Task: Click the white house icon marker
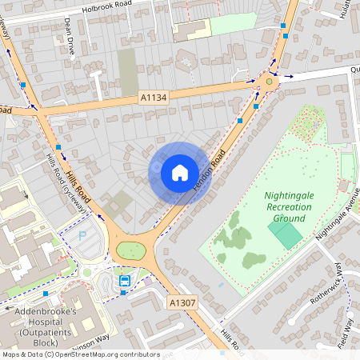click(x=179, y=173)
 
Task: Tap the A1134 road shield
click(x=154, y=98)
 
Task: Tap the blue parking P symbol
click(x=82, y=236)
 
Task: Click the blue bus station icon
click(x=126, y=281)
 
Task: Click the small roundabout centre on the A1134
click(x=269, y=80)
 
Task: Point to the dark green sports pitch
click(x=285, y=234)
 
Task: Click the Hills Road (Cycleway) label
click(x=69, y=183)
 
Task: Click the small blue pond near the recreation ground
click(x=219, y=283)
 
